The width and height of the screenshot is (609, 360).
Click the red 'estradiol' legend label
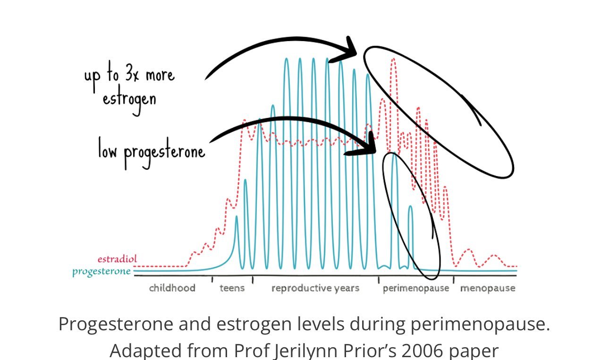117,260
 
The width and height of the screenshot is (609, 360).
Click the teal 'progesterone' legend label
101,272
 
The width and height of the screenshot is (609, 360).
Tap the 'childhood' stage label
172,288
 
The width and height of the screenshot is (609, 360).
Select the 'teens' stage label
232,288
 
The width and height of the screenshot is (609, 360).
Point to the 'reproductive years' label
315,288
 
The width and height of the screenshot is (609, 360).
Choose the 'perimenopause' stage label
415,288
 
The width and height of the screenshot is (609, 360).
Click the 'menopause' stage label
488,288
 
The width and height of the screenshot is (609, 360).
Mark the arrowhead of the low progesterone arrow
371,144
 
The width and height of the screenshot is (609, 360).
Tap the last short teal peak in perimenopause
410,208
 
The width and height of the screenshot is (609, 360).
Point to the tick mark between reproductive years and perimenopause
378,280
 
